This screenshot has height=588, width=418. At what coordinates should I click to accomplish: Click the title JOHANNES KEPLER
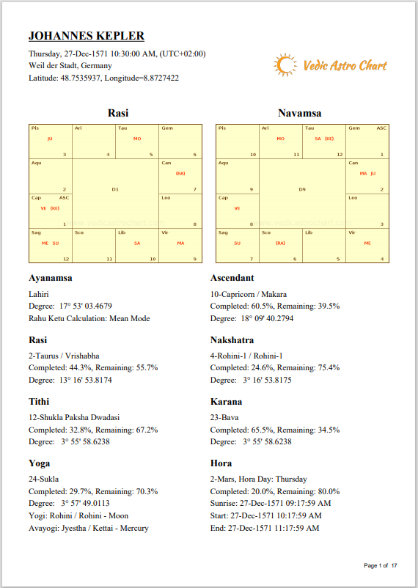coord(86,36)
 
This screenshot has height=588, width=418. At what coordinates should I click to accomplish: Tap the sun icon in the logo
coord(284,65)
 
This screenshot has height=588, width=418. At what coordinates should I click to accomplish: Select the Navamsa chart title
coord(299,113)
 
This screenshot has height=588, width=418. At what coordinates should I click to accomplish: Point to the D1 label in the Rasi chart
coord(115,189)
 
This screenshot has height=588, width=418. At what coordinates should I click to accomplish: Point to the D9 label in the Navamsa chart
coord(302,189)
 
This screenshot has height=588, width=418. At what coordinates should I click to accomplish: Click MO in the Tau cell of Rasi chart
coord(137,138)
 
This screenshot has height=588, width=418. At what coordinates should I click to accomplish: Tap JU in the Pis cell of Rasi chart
coord(50,138)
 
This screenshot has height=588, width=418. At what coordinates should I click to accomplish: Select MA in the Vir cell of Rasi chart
coord(180,243)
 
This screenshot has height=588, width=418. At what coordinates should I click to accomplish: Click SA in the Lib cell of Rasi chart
coord(137,243)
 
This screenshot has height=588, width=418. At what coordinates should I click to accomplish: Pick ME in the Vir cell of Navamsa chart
coord(367,243)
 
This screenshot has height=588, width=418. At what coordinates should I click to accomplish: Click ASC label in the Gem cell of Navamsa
coord(381,128)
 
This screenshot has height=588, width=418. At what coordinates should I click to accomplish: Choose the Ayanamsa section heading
coord(51,278)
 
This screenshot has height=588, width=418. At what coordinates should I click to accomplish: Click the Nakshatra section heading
coord(232,340)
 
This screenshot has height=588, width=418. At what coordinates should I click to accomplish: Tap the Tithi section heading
coord(43,402)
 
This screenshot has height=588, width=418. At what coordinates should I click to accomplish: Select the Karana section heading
coord(226,402)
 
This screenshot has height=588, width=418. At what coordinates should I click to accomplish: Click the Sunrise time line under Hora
coord(270,503)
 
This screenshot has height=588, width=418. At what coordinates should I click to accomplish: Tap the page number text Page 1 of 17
coord(380,565)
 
